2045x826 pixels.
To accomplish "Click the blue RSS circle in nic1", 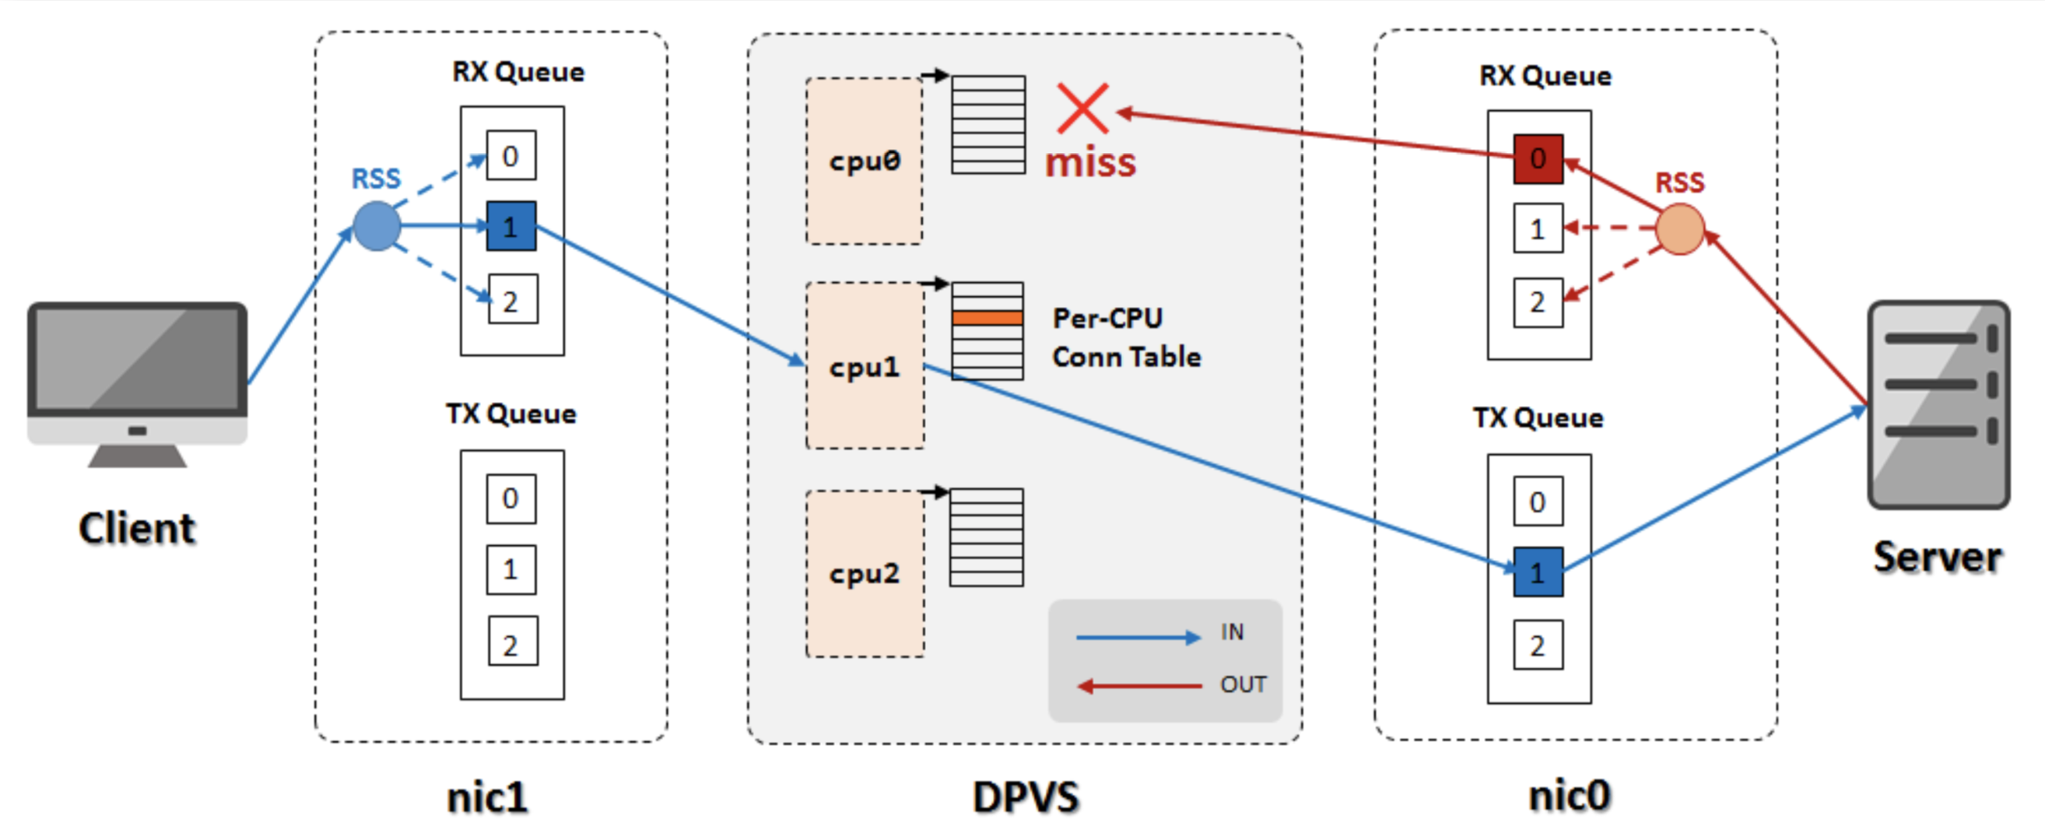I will pos(377,226).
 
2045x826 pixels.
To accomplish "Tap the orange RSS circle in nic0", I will pos(1679,229).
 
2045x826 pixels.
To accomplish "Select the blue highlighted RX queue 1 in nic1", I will pos(510,226).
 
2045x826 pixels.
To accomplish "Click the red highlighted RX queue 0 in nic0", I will pos(1537,159).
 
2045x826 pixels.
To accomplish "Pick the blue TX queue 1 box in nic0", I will pos(1537,572).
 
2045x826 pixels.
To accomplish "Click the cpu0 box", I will pos(864,161).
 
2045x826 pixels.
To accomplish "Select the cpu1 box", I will pos(864,366).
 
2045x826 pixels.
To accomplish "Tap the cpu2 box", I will pos(864,572).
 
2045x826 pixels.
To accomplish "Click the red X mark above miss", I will pos(1083,109).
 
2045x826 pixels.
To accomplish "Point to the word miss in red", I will pos(1090,163).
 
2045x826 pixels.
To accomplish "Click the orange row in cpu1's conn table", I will pos(986,318).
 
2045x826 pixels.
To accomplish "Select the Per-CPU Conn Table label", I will pos(1125,338).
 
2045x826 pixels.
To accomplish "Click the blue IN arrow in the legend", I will pos(1137,637).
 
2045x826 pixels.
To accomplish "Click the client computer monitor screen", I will pos(137,358).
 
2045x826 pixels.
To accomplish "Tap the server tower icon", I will pos(1937,405).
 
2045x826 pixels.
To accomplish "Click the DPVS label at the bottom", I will pos(1025,797).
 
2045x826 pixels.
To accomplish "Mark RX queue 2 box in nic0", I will pos(1537,302).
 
